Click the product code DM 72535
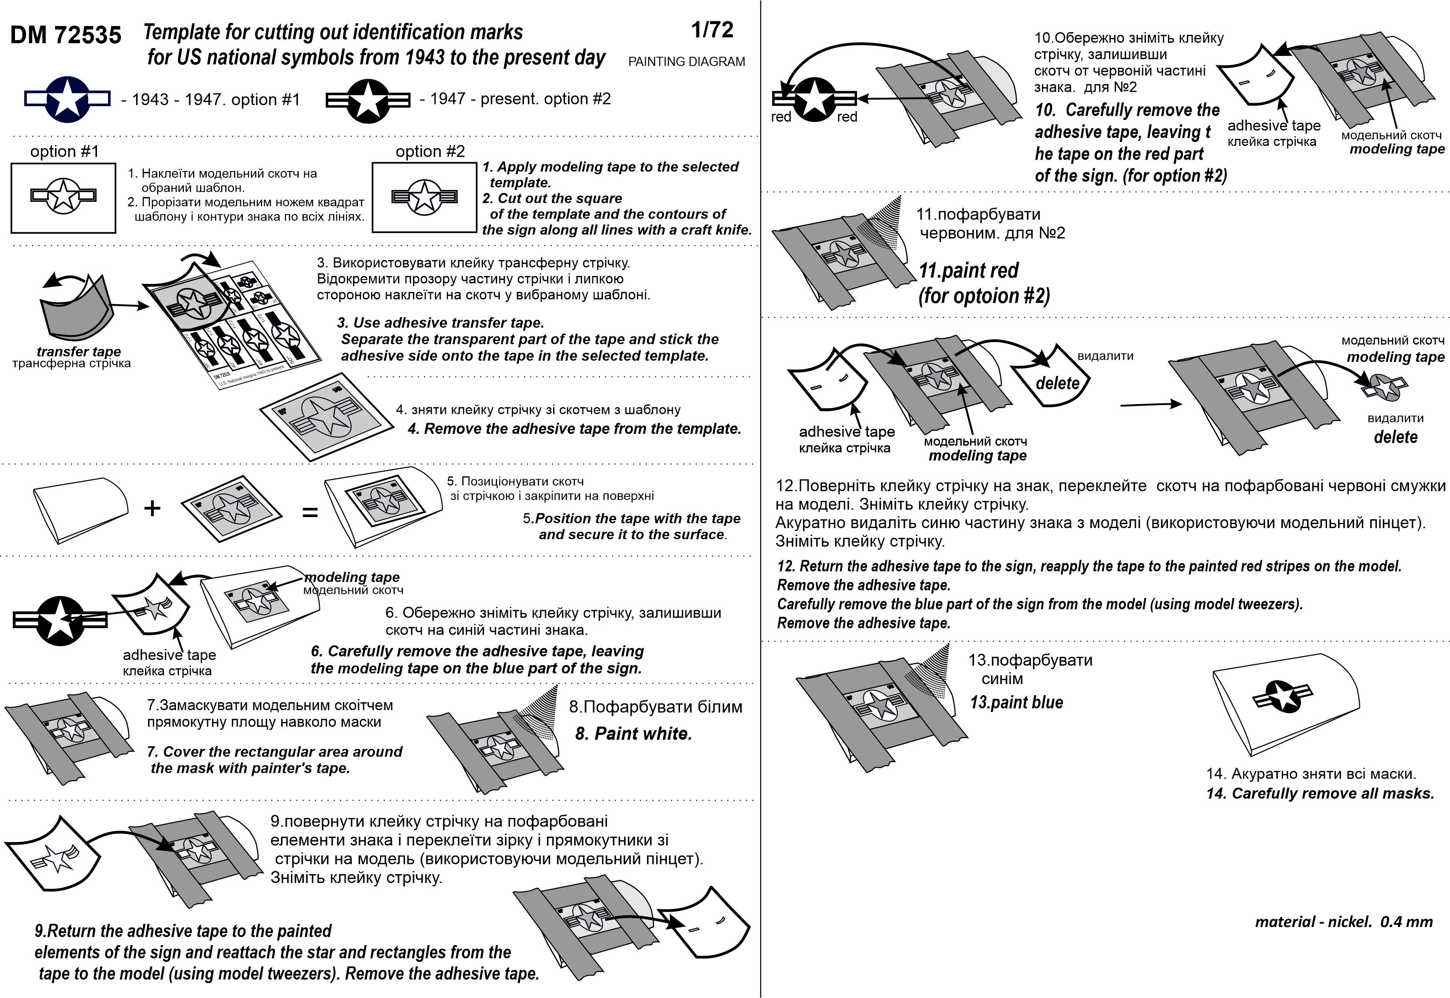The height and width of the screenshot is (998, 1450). (66, 35)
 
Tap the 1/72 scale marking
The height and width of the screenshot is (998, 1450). (712, 30)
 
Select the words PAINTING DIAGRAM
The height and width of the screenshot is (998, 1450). (686, 61)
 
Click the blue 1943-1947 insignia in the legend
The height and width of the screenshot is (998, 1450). (67, 99)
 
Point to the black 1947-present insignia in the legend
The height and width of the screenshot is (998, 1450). (368, 100)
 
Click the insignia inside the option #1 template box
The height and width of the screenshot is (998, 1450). (63, 196)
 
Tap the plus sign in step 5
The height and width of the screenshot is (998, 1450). (152, 508)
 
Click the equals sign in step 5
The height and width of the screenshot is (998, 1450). (310, 513)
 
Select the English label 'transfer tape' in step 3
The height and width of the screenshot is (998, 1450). (79, 351)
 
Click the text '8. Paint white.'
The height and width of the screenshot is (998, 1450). (633, 734)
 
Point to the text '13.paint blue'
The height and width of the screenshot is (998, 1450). (1016, 702)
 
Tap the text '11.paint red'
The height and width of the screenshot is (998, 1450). (968, 270)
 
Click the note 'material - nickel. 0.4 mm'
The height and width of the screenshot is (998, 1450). (1344, 922)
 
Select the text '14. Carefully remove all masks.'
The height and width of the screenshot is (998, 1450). (1320, 793)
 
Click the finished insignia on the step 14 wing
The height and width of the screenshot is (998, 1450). (1283, 696)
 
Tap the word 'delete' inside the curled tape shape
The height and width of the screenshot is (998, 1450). (1057, 383)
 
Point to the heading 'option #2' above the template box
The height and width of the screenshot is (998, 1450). (430, 151)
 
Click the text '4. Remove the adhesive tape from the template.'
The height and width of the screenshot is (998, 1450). (574, 429)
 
